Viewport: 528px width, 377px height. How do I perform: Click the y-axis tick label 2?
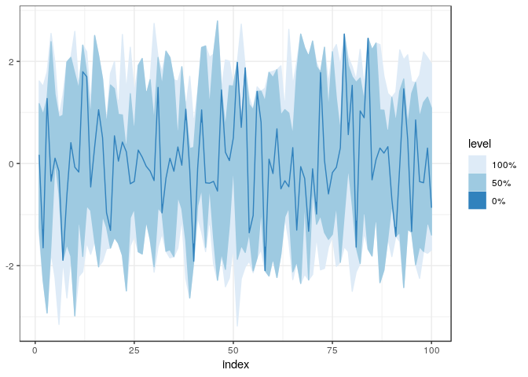coord(10,61)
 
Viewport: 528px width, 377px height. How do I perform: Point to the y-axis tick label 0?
coord(10,163)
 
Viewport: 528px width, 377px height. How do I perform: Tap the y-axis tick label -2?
coord(9,265)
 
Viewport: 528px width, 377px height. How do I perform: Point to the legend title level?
coord(479,144)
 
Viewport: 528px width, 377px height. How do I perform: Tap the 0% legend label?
coord(498,200)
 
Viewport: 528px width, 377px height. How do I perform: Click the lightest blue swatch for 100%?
coord(478,165)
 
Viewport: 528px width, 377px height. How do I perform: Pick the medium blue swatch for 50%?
coord(478,182)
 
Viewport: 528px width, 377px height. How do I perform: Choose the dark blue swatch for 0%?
coord(478,200)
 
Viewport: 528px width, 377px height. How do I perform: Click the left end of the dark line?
coord(38,155)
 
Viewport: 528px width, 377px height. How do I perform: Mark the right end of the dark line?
coord(431,207)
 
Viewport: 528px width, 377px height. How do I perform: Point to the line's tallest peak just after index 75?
coord(344,34)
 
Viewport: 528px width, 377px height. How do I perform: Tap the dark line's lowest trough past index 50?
coord(265,272)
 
